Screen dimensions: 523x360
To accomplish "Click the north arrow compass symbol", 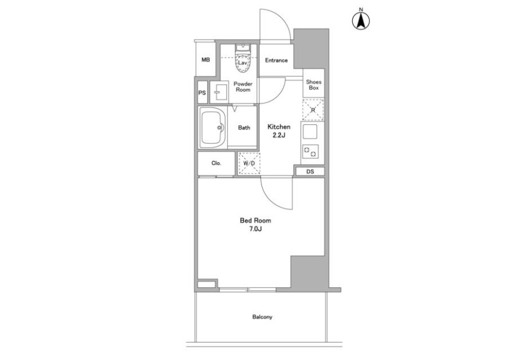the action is click(x=361, y=20).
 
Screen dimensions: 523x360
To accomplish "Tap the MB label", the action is click(x=206, y=60).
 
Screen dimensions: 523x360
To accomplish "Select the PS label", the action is click(x=202, y=93).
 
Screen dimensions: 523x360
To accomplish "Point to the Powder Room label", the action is click(x=243, y=87).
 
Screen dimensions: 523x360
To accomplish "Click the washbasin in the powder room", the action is click(x=220, y=92).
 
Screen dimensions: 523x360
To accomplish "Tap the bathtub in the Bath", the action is click(x=212, y=127).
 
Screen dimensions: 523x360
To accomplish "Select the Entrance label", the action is click(x=276, y=60).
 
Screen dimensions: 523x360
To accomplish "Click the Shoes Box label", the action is click(x=314, y=85).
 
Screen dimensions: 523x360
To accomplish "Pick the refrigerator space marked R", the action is click(x=313, y=110).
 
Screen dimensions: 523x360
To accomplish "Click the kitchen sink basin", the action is click(x=310, y=132).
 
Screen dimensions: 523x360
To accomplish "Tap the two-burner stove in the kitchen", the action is click(x=310, y=152).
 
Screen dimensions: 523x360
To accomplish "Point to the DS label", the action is click(x=310, y=172).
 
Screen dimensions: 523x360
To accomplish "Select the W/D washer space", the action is click(x=249, y=163).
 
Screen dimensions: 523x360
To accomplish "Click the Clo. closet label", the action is click(x=216, y=163).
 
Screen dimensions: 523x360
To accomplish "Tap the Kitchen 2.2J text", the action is click(x=279, y=131).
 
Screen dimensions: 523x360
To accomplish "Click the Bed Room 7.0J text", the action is click(x=256, y=224).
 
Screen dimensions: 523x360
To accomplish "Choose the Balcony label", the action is click(x=262, y=317).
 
